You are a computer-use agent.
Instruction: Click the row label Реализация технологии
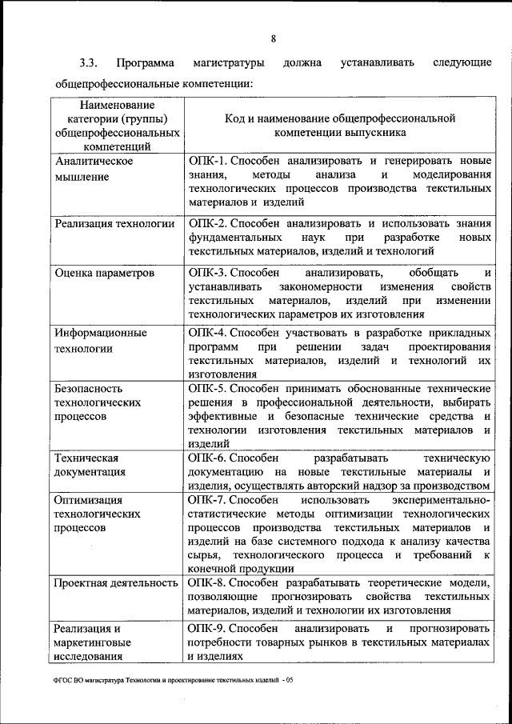click(x=114, y=223)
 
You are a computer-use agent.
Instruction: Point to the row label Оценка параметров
click(x=104, y=273)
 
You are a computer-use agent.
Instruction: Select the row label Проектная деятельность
click(x=115, y=583)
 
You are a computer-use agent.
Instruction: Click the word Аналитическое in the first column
click(x=93, y=161)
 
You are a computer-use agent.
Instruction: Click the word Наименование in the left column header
click(x=116, y=104)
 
